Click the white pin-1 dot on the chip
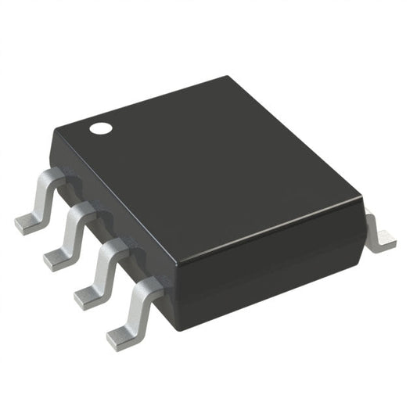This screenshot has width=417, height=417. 99,127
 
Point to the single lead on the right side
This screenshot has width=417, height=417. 380,234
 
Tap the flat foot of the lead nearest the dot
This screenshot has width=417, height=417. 28,225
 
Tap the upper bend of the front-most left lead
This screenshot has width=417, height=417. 146,288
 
